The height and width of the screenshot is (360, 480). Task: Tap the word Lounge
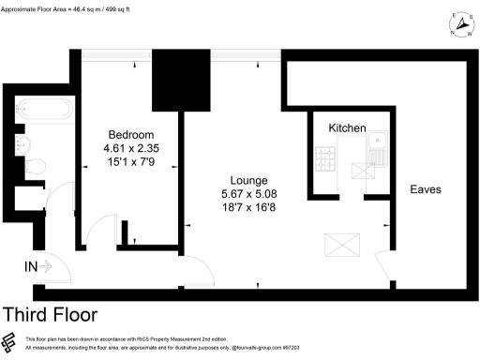250,180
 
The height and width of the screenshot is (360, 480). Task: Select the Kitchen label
348,127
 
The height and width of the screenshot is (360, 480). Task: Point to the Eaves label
426,188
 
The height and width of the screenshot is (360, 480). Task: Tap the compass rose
459,24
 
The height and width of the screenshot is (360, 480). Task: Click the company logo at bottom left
9,342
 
